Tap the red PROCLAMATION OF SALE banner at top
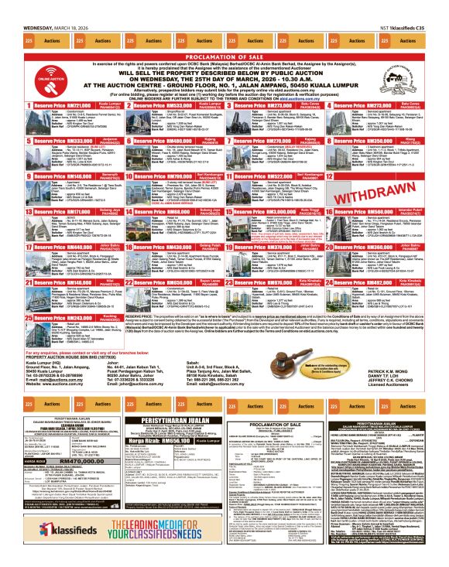224,56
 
